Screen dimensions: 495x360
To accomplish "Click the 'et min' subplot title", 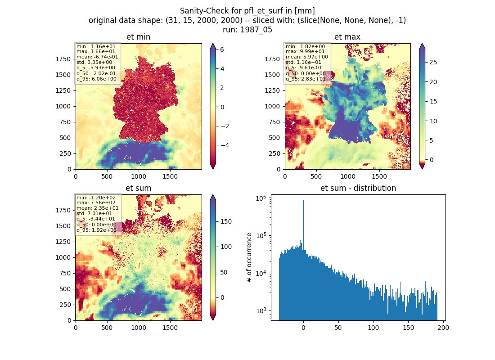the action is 138,37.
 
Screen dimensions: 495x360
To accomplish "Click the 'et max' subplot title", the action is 347,37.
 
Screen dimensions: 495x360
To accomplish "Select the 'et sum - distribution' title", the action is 358,188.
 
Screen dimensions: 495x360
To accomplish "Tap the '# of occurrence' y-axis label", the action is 249,258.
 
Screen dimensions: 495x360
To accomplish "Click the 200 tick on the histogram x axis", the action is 443,328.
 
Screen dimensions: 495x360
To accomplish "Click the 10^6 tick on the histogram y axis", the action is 261,198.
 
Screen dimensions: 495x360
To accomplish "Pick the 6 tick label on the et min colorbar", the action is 222,49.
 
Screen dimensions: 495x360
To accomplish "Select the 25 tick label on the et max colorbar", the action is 433,62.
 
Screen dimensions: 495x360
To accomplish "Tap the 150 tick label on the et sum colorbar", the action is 226,222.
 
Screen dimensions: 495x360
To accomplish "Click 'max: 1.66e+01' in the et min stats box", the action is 96,51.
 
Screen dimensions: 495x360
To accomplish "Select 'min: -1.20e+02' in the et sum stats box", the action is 96,198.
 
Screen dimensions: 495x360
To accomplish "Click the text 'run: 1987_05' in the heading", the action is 247,30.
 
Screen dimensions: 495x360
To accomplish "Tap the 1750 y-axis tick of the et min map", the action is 63,59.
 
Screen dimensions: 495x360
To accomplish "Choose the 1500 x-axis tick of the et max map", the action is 379,176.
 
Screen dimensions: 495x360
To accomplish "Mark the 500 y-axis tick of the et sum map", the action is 65,289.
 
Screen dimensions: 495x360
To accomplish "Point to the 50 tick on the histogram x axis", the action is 338,328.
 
